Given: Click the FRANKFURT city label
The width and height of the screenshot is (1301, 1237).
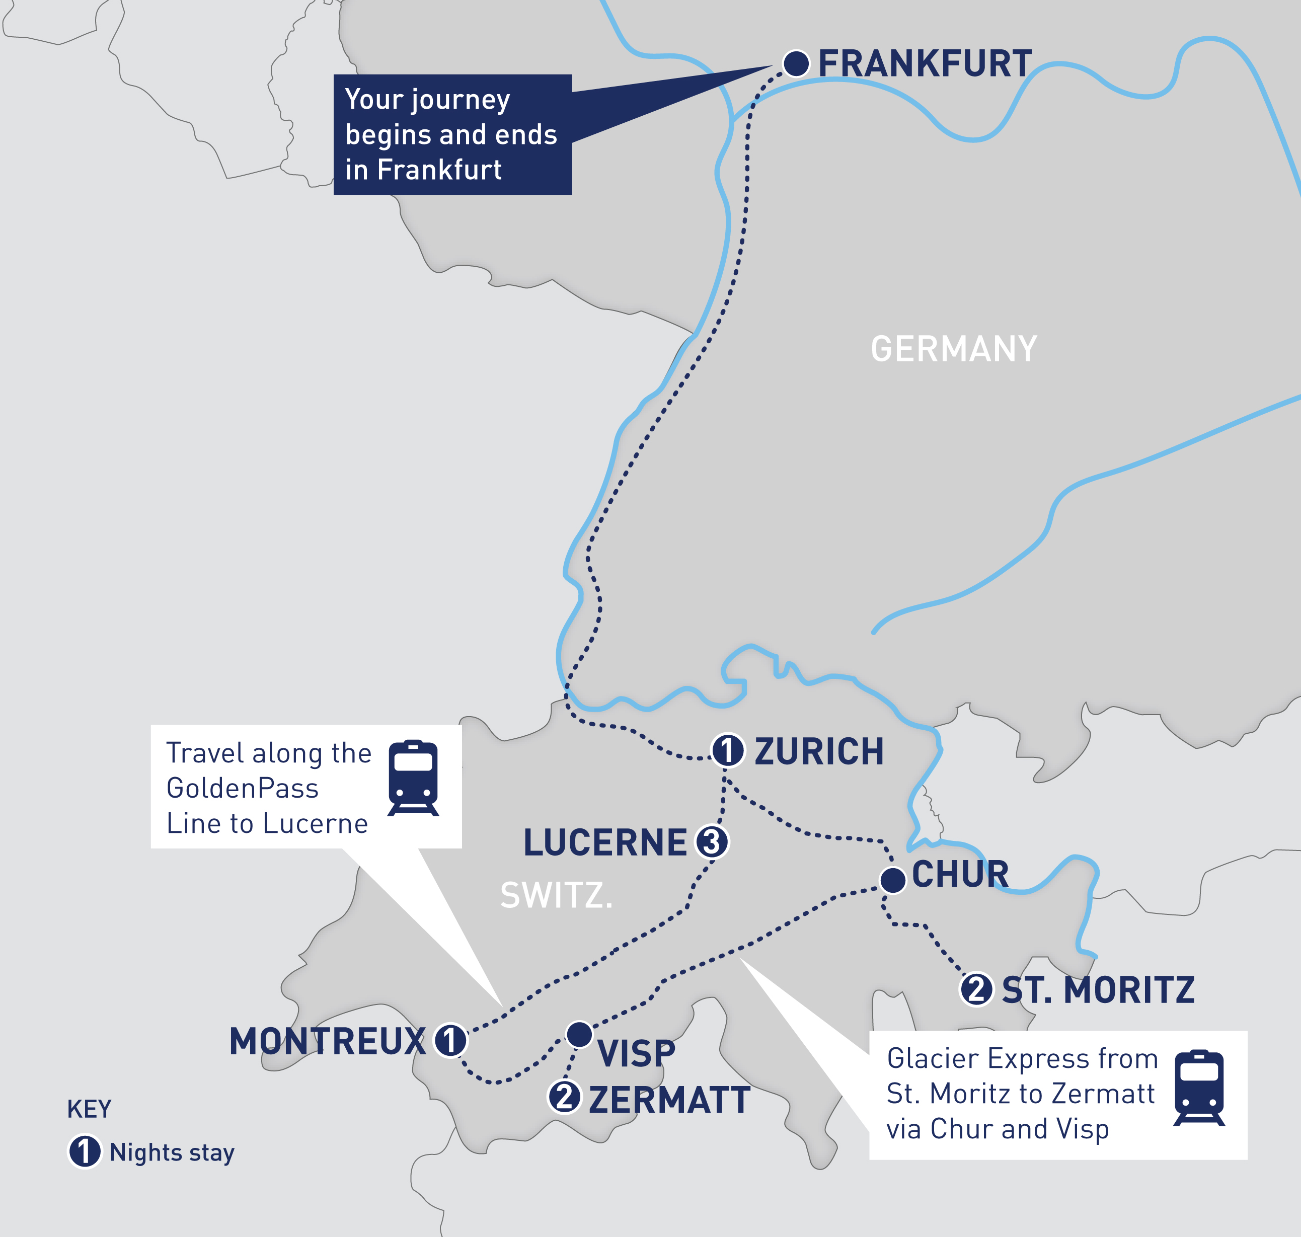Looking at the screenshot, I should pos(925,64).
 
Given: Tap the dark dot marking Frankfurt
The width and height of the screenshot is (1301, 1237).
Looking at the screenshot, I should pos(796,63).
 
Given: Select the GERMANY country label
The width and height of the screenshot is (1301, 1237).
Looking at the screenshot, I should pos(954,349).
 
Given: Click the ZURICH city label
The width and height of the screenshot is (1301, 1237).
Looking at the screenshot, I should pos(818,752).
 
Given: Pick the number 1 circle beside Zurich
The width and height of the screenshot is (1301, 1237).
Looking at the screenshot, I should pos(728,750).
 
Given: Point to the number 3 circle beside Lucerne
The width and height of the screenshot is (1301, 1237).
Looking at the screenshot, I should pos(712,842).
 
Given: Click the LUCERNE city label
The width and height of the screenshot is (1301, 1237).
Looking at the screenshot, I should pos(604,842).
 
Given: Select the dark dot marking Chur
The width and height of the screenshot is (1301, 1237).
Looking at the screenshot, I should pos(893,880).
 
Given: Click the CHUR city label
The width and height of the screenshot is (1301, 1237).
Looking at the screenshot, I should pos(960,874).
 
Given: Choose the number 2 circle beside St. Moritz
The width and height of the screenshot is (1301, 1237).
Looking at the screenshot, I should pos(976,989).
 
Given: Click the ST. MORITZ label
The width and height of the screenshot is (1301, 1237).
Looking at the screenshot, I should pos(1098,990).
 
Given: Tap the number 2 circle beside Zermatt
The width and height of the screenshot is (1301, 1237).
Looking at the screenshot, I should pos(565,1097).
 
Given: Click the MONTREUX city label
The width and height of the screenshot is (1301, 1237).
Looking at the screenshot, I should pos(327,1041).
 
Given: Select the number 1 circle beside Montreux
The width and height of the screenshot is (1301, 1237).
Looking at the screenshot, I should pos(450,1041).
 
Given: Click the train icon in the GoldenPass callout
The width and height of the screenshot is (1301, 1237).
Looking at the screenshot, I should pos(413,778).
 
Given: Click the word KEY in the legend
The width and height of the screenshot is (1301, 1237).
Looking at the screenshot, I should pos(89,1110).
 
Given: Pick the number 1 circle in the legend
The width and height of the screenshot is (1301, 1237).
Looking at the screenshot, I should pos(85,1152).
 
